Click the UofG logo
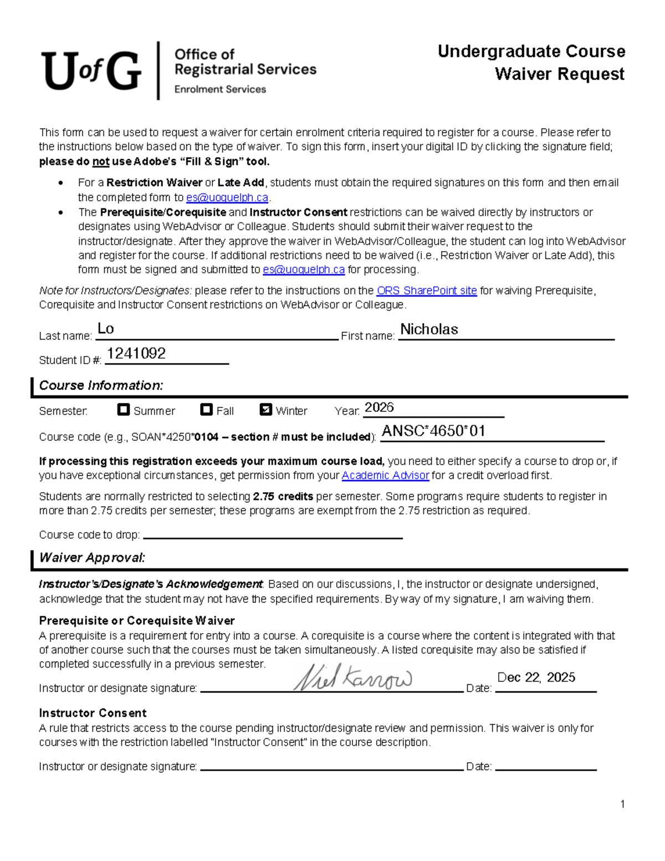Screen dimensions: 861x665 [x=91, y=70]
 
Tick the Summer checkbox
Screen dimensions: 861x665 [x=124, y=410]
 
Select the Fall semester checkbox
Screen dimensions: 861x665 [x=206, y=410]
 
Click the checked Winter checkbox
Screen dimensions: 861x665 [x=265, y=410]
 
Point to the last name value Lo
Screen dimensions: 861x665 [x=105, y=329]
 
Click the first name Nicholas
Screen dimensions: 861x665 [x=429, y=329]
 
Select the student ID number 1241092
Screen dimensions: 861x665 [x=136, y=353]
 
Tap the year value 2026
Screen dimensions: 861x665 [x=379, y=407]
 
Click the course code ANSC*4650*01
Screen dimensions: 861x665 [x=433, y=431]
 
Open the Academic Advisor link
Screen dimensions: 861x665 [x=385, y=475]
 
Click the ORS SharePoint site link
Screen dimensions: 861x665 [x=426, y=291]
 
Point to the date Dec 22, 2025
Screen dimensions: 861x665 [x=536, y=677]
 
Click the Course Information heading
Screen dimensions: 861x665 [x=101, y=385]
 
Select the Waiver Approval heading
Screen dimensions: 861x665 [x=92, y=558]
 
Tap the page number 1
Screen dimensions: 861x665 [x=623, y=804]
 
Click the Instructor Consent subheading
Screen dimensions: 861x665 [x=93, y=713]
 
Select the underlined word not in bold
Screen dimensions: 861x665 [x=100, y=162]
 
